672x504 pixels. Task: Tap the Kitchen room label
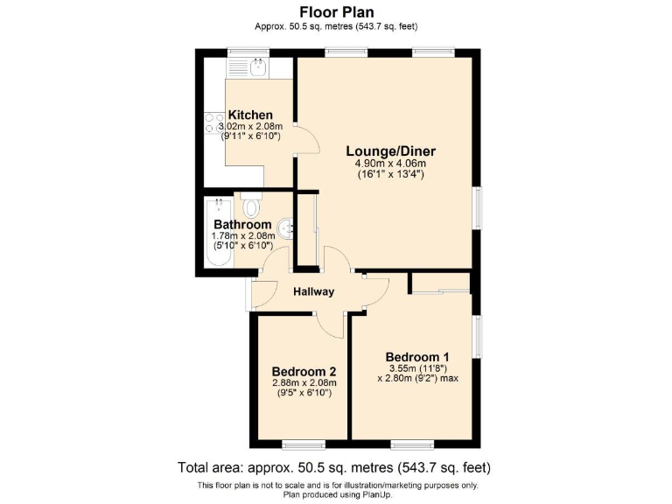[250, 115]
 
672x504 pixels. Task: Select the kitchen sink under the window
[258, 67]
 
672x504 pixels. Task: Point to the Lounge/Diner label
[389, 151]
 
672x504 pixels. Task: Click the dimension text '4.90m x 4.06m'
[389, 163]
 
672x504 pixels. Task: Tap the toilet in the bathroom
[251, 207]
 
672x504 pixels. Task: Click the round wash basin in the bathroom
[286, 230]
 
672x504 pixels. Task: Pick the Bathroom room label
[242, 224]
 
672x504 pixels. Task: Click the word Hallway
[313, 291]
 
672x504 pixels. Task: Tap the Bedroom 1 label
[417, 356]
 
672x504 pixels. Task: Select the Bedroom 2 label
[304, 370]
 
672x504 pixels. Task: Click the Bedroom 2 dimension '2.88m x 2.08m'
[304, 382]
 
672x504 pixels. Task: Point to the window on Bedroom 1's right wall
[478, 337]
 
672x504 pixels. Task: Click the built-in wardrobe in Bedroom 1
[440, 283]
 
